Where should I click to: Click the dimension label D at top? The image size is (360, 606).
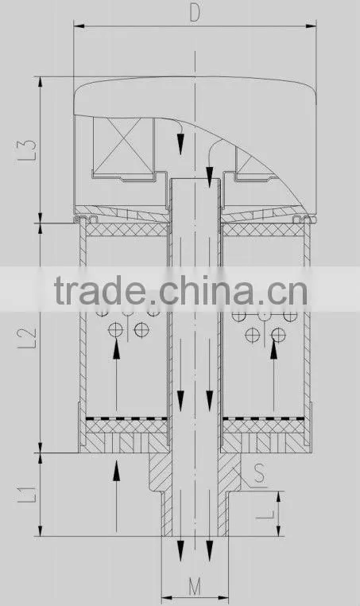(195, 13)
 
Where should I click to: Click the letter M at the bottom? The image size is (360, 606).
(195, 587)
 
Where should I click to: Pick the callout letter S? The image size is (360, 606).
(259, 473)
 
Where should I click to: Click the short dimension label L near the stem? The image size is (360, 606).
(265, 515)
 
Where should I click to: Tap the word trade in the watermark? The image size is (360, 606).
(99, 289)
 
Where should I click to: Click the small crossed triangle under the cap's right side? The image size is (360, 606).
(250, 163)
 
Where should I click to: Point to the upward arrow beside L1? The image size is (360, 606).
(116, 495)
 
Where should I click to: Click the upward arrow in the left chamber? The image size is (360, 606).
(116, 374)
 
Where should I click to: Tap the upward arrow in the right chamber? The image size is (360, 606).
(274, 374)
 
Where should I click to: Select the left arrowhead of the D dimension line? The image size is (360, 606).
(79, 26)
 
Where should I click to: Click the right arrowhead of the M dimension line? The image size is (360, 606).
(223, 599)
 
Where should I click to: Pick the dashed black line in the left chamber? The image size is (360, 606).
(126, 418)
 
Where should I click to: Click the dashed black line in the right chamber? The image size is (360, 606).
(264, 418)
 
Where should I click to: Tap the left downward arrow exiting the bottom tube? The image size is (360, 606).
(180, 549)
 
